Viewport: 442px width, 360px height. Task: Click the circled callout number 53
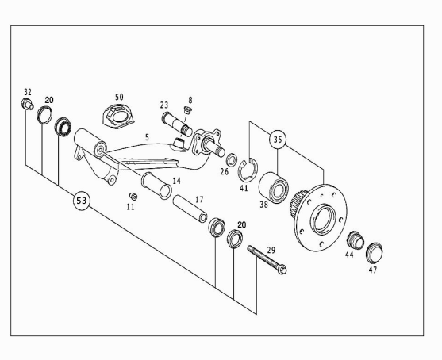point(82,201)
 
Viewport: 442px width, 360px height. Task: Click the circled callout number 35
point(278,139)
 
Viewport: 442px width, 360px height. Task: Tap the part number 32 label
point(28,92)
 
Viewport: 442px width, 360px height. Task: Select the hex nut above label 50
point(118,116)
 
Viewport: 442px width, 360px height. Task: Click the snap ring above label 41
point(248,170)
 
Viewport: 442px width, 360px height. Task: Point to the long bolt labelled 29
point(267,259)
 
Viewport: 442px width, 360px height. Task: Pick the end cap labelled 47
point(374,252)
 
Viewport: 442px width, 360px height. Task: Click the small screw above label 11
point(133,196)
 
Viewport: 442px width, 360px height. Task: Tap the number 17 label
point(199,200)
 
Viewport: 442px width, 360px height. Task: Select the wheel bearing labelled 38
point(274,188)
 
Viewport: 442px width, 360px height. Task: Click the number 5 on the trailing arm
point(147,137)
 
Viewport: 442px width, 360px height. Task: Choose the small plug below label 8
point(187,109)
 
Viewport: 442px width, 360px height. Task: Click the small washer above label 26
point(232,159)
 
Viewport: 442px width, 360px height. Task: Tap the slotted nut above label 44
point(356,239)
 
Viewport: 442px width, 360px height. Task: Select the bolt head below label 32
point(27,104)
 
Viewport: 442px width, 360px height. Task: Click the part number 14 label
point(176,181)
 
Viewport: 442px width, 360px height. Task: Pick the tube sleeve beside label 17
point(190,209)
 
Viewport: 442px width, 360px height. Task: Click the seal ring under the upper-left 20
point(44,116)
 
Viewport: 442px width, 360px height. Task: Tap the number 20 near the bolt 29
point(241,224)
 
